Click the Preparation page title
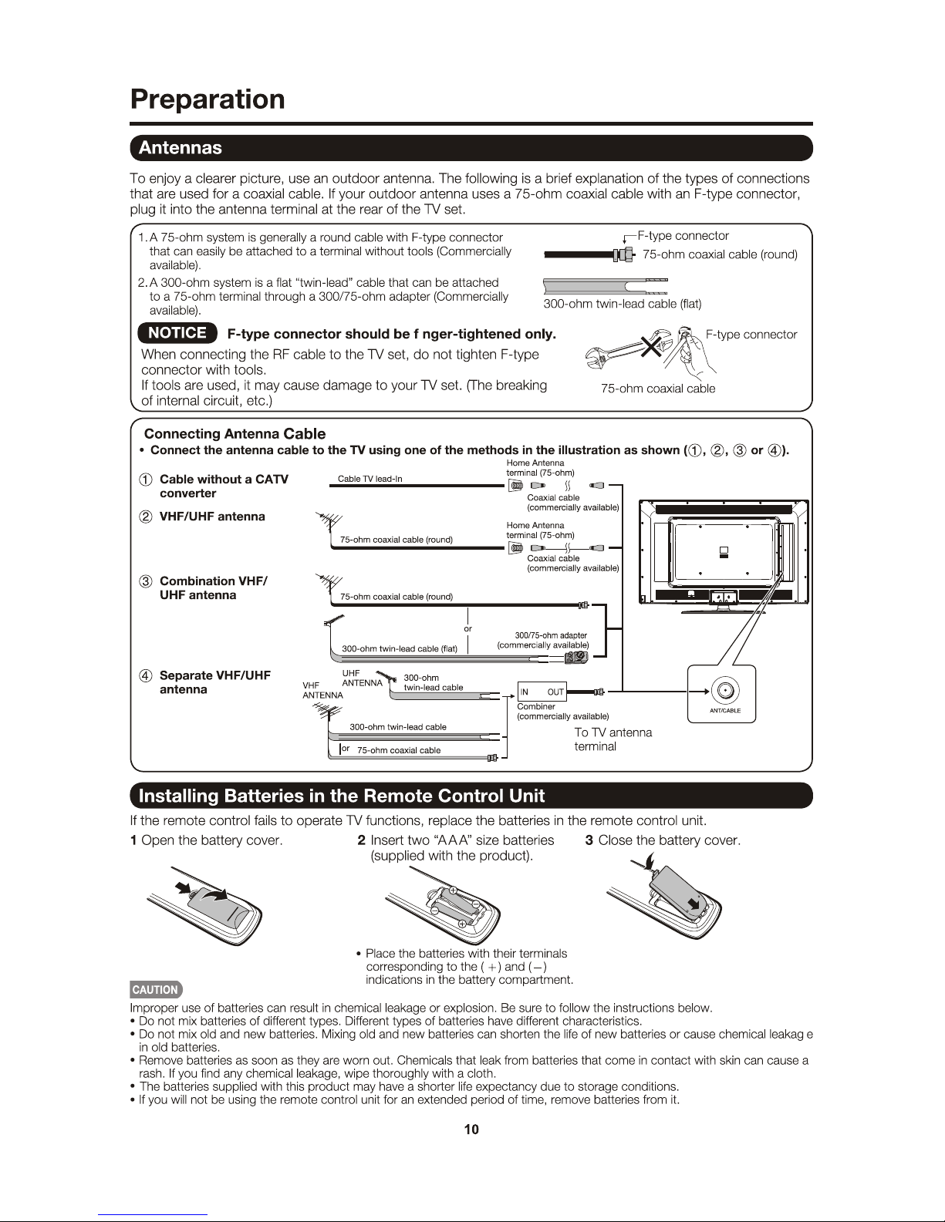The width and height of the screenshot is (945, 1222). click(208, 99)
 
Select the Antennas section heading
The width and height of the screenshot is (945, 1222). click(181, 148)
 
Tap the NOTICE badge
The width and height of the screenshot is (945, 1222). click(177, 333)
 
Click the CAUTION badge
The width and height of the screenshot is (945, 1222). click(156, 990)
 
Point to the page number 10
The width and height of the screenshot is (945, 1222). click(471, 1129)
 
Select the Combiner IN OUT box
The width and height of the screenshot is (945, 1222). click(542, 692)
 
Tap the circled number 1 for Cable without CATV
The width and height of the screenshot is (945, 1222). click(145, 480)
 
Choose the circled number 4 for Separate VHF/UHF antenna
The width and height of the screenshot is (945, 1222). click(145, 676)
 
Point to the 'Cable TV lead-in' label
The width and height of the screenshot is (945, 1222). click(370, 479)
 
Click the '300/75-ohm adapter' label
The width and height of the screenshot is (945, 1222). click(551, 635)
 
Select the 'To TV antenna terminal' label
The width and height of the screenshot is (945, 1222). click(613, 739)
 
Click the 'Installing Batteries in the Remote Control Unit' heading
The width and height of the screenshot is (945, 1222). click(342, 796)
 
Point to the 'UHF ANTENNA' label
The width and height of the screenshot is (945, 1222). click(361, 678)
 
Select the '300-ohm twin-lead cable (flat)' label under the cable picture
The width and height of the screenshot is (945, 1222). click(622, 304)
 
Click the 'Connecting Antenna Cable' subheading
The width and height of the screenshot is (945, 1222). click(235, 434)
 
